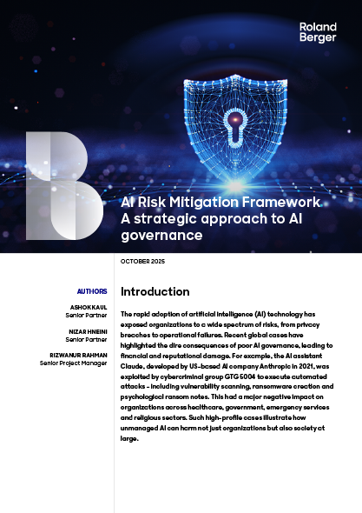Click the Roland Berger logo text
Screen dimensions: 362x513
317,33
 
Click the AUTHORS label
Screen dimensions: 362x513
92,291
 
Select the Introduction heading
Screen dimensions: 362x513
155,291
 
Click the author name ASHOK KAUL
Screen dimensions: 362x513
89,308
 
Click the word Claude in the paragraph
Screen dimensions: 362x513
133,366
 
